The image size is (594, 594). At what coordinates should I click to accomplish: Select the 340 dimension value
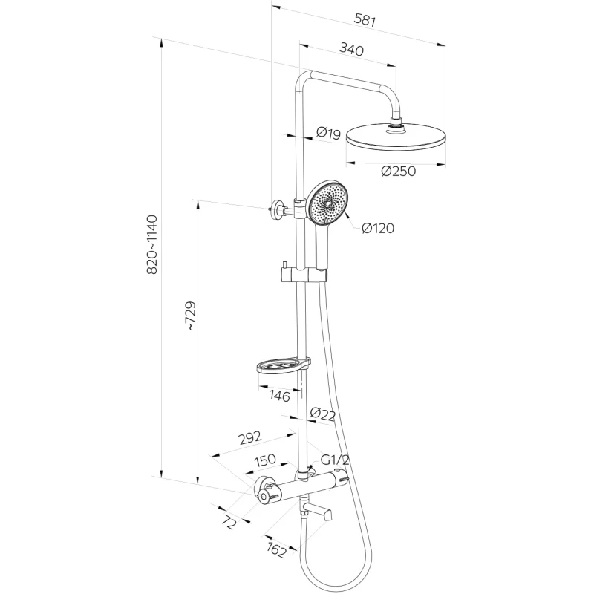tap(350, 50)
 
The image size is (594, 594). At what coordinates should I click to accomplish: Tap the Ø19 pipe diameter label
tap(327, 134)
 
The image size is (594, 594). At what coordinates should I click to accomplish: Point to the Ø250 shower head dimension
tap(397, 171)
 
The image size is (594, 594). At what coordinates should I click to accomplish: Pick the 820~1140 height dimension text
tap(151, 245)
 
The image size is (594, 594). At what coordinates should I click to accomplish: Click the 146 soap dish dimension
tap(279, 396)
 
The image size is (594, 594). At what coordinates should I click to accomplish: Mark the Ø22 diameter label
tap(322, 414)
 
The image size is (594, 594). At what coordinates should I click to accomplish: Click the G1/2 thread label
tap(336, 460)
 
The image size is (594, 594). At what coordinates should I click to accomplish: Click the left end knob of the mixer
tap(264, 491)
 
